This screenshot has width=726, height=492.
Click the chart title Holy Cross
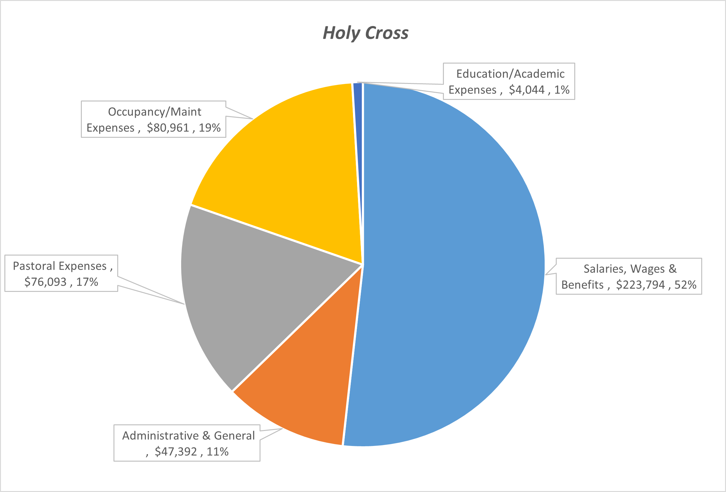click(366, 33)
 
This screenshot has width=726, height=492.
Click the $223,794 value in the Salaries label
click(640, 285)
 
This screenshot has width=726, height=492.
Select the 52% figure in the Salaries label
click(685, 285)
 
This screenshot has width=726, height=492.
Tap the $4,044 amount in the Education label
click(527, 90)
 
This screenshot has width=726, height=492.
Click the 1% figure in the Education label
click(562, 90)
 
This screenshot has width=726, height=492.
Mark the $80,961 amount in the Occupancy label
click(168, 128)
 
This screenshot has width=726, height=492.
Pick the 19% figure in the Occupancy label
click(210, 128)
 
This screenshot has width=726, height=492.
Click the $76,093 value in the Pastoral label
click(45, 282)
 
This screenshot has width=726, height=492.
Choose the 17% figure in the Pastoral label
click(87, 282)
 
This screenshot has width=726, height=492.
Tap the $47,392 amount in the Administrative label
click(176, 452)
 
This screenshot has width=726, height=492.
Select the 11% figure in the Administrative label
click(218, 452)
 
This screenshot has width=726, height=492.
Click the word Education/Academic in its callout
click(510, 74)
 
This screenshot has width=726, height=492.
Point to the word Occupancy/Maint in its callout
click(155, 112)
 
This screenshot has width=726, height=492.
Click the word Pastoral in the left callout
click(34, 266)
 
